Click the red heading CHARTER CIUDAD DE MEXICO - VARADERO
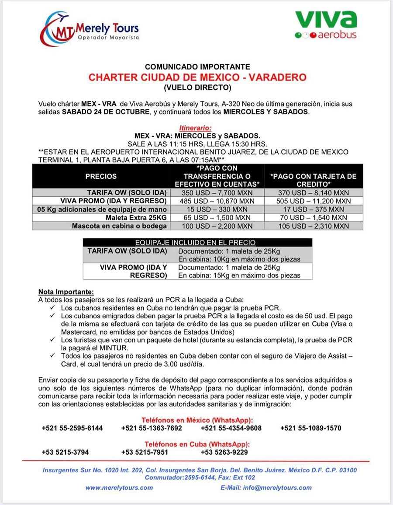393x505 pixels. [197, 77]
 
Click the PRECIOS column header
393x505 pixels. [101, 176]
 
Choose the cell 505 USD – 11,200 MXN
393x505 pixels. [314, 201]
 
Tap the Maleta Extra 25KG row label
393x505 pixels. [136, 217]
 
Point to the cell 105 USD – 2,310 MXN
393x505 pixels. [314, 226]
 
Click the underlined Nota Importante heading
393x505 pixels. [66, 292]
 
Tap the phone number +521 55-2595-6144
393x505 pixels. [72, 428]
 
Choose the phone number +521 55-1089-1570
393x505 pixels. [310, 428]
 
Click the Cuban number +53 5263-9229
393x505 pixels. [224, 452]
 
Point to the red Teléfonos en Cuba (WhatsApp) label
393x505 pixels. [197, 443]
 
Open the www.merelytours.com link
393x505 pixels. [119, 488]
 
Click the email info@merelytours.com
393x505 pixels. [266, 488]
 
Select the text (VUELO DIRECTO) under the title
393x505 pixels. [197, 88]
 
